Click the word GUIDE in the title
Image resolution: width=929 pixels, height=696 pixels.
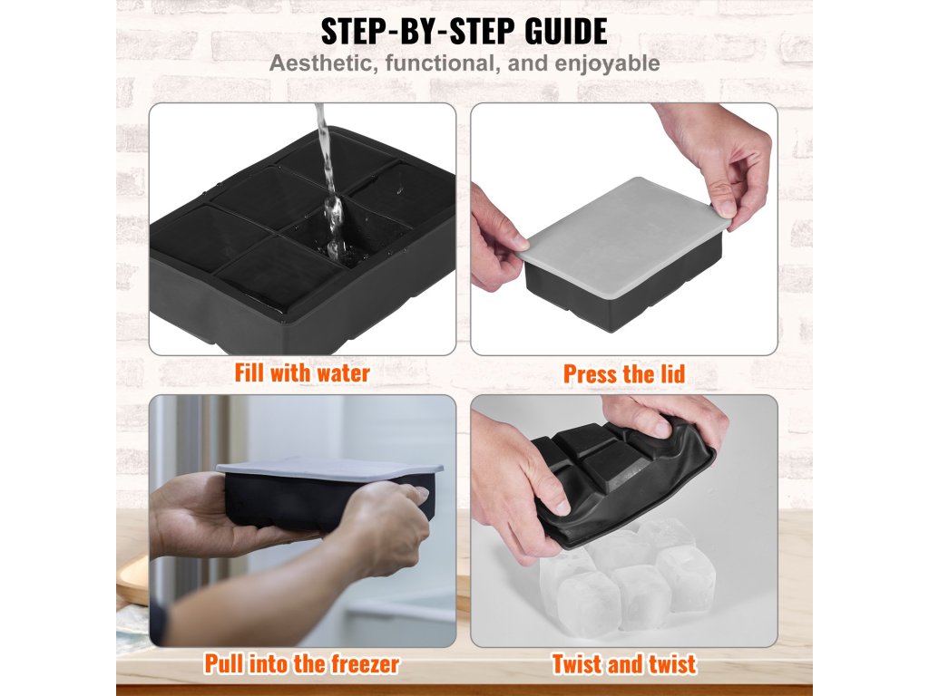click(566, 32)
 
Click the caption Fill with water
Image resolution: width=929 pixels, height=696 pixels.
click(302, 373)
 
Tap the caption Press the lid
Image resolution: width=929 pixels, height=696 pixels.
click(624, 374)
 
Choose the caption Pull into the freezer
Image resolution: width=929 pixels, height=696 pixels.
click(302, 663)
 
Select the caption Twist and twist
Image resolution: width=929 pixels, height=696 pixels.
click(624, 664)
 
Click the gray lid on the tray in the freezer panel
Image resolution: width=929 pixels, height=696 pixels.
click(329, 469)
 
